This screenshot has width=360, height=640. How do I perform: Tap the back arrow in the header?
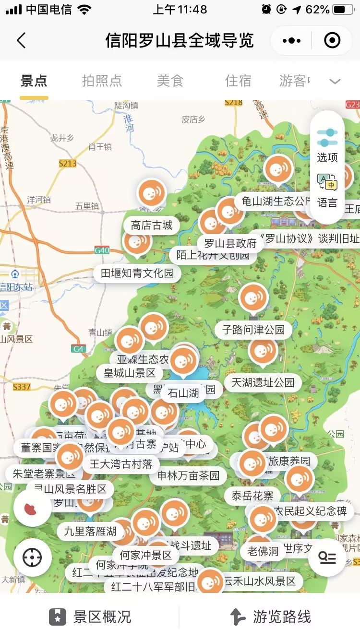point(21,40)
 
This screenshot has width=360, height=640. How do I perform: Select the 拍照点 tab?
point(102,81)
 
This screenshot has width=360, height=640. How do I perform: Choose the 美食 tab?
point(170,81)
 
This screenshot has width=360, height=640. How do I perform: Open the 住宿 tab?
point(238,81)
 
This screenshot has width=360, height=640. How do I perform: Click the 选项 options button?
point(327,144)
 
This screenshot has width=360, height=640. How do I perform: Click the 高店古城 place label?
point(152,225)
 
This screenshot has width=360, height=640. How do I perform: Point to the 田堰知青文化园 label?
point(137,273)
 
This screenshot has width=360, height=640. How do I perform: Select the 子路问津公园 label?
point(253,330)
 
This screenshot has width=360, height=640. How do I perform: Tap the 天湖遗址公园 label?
point(263,382)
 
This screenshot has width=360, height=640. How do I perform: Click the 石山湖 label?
point(183,393)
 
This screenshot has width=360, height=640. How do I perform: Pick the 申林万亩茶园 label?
point(188,475)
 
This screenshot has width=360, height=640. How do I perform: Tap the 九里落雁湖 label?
point(90,531)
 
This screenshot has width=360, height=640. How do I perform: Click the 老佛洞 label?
point(263,551)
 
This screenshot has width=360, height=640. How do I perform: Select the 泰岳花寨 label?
point(252,496)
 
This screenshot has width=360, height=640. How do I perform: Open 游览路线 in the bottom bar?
point(270,616)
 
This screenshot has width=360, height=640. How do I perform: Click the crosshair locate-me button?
point(32,557)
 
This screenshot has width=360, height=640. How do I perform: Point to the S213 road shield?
point(68,164)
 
